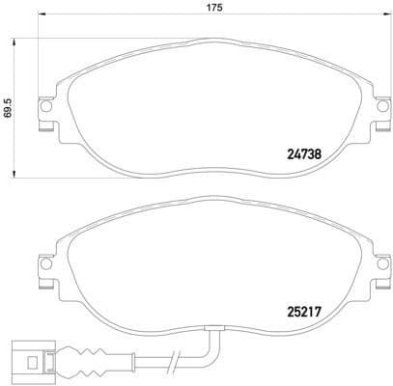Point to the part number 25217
click(x=307, y=311)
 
